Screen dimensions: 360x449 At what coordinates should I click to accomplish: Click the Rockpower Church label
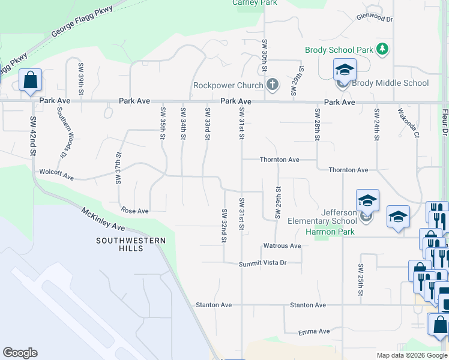228,86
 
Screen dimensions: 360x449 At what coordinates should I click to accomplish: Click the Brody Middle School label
390,83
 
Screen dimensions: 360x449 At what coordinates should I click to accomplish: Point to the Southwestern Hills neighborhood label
130,244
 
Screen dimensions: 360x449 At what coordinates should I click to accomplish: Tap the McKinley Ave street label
103,218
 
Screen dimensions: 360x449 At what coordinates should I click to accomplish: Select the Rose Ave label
134,211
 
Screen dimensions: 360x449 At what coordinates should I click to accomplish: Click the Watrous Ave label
282,246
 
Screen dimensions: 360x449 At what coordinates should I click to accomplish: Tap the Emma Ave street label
315,331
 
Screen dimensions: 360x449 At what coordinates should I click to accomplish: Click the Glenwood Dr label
374,19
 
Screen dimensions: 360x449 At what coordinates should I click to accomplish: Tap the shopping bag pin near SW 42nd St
30,80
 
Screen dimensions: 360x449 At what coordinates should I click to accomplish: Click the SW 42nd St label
33,137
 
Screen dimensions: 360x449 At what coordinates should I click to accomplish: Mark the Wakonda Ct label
408,123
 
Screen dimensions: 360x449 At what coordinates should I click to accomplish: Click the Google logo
20,353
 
